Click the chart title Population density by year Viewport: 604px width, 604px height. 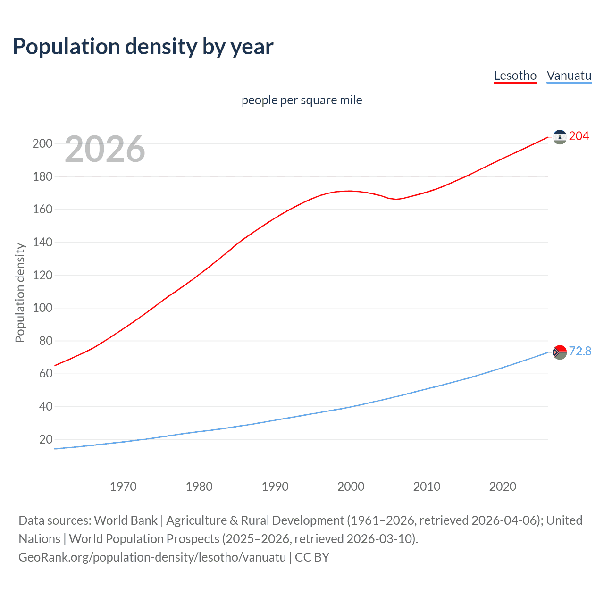point(143,47)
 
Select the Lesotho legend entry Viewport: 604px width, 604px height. point(515,75)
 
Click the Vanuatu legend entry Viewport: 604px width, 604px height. point(569,75)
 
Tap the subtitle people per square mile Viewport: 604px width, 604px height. point(302,100)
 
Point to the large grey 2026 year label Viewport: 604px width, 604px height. point(105,149)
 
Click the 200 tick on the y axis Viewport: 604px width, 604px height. point(42,143)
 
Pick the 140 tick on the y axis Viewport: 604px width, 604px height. point(42,242)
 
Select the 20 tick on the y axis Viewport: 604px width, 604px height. point(46,439)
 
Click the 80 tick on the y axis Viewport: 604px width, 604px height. point(46,341)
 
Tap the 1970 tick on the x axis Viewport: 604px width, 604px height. point(123,487)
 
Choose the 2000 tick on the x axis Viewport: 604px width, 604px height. point(351,487)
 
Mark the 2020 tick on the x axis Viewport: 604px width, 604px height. point(503,487)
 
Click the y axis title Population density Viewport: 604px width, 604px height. point(20,293)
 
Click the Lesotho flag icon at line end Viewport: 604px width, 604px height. point(559,137)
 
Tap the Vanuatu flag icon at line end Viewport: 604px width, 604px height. point(559,352)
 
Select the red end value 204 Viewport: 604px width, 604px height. point(579,136)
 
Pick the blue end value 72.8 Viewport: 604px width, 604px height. point(580,352)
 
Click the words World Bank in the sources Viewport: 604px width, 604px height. point(126,520)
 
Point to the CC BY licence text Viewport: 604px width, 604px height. point(312,557)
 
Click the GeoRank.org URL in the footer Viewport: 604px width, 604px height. point(152,557)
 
